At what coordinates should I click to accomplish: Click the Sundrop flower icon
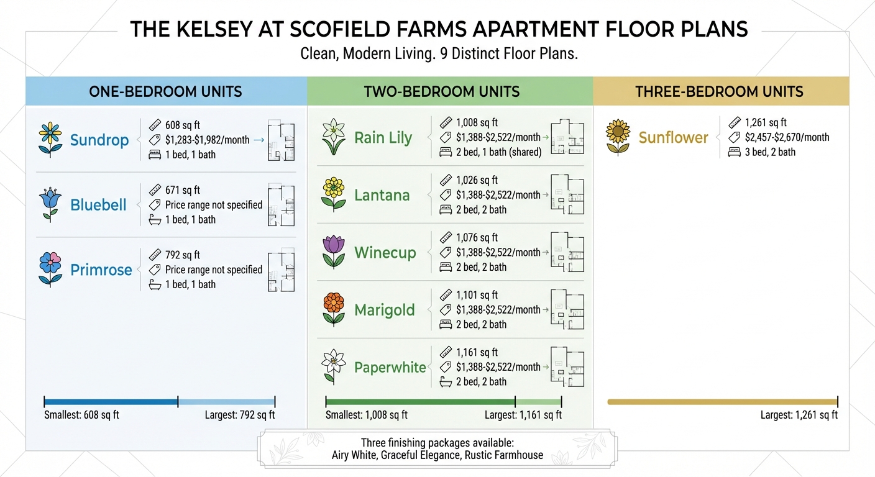(50, 139)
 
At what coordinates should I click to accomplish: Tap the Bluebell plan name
(98, 205)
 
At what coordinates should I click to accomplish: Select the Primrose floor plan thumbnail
(280, 270)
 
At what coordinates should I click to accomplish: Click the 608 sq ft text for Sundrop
(182, 125)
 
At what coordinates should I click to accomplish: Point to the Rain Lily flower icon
(333, 137)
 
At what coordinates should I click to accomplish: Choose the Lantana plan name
(382, 195)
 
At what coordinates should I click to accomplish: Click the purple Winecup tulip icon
(334, 252)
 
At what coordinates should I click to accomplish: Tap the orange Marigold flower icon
(334, 309)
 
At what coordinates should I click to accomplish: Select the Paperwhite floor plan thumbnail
(567, 366)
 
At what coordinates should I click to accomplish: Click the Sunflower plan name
(673, 137)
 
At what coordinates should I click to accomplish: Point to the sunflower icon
(618, 137)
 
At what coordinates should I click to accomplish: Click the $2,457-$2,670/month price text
(787, 137)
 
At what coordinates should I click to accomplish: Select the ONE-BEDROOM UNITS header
(165, 92)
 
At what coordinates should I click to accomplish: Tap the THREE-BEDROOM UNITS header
(719, 92)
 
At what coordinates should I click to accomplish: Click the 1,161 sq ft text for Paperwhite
(477, 352)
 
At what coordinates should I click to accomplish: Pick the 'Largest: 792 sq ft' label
(240, 415)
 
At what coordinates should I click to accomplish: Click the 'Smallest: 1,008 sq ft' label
(366, 415)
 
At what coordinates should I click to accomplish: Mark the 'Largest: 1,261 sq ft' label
(799, 415)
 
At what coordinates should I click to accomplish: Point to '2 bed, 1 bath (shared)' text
(498, 152)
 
